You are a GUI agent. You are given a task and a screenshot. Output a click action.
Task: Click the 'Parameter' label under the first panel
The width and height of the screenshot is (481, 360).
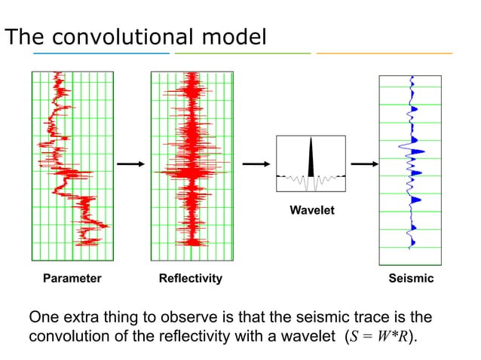(x=72, y=279)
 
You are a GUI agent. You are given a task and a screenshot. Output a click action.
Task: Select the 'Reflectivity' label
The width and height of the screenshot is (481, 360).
(x=190, y=279)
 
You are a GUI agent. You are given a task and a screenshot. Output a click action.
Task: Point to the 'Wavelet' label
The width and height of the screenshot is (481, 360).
(x=311, y=211)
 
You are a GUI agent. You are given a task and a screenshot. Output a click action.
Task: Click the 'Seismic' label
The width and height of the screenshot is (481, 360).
(x=411, y=279)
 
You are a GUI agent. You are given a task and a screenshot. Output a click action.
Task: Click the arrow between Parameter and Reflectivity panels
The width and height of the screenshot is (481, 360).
(x=131, y=163)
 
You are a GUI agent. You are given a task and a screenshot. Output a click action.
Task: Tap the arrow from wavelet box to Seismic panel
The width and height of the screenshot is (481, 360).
(x=364, y=163)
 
